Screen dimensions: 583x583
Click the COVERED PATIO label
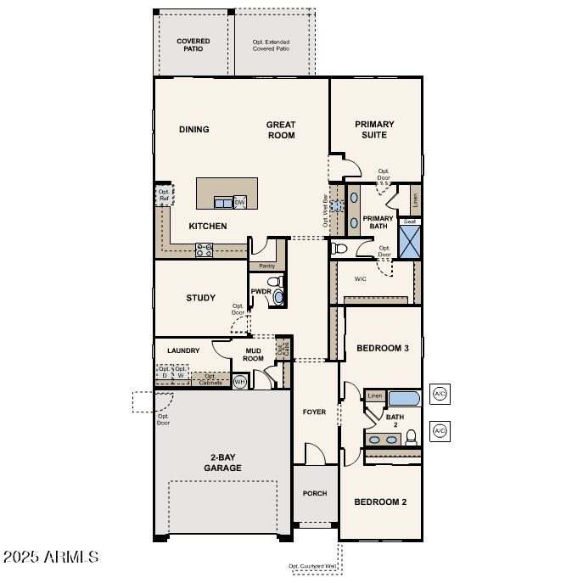(x=193, y=44)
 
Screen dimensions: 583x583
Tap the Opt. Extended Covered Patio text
(x=271, y=44)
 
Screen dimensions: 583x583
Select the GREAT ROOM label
(x=281, y=130)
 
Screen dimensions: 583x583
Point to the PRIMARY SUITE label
(x=374, y=130)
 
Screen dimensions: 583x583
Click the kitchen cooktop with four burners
(x=205, y=249)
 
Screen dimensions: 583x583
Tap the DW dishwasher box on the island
(x=240, y=202)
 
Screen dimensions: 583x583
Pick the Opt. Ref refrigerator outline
(x=163, y=195)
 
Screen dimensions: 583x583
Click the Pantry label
(x=266, y=266)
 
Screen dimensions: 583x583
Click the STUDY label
(x=201, y=298)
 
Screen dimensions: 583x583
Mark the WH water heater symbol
(x=239, y=383)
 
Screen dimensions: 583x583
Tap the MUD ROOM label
(x=255, y=354)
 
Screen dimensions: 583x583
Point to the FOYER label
(x=314, y=412)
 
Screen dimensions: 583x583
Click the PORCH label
(x=315, y=493)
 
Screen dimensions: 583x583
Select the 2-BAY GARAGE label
(x=222, y=462)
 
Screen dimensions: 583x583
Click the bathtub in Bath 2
(x=403, y=397)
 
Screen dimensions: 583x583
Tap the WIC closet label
(x=360, y=277)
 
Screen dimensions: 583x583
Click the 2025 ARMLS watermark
(x=51, y=558)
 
